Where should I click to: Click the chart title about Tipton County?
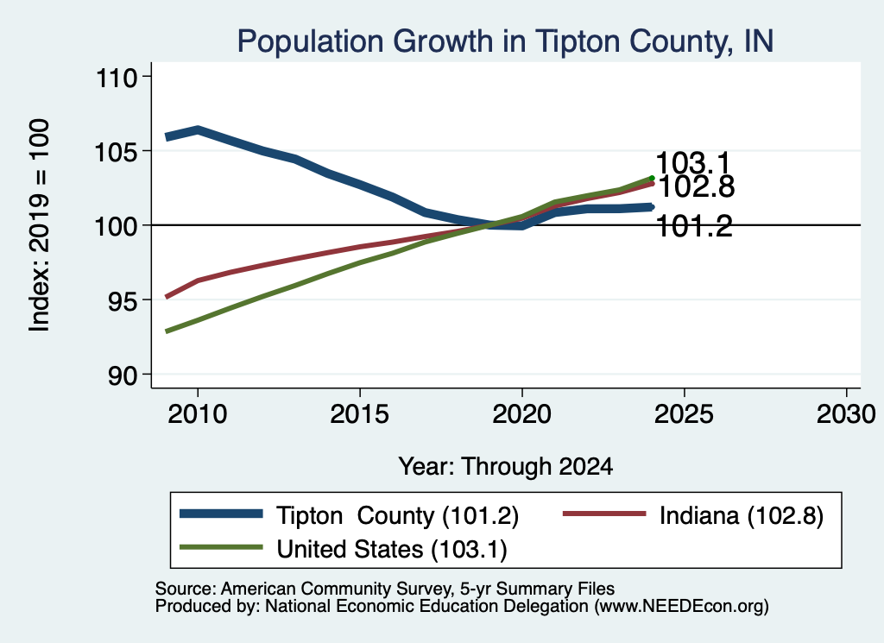[x=505, y=41]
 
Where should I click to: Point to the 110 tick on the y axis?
[x=117, y=78]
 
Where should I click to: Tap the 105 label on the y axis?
[x=117, y=152]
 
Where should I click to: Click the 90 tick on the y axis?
[x=123, y=375]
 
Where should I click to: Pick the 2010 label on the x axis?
[x=198, y=414]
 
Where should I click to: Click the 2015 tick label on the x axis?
[x=360, y=414]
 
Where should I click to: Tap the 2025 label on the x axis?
[x=684, y=414]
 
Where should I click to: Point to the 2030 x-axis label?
[x=846, y=414]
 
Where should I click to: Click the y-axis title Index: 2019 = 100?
[x=39, y=225]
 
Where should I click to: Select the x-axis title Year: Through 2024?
[x=506, y=467]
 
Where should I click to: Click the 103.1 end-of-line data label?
[x=693, y=163]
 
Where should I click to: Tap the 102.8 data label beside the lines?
[x=697, y=187]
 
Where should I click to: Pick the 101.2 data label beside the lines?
[x=695, y=226]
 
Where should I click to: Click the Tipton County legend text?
[x=397, y=515]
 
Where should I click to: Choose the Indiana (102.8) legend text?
[x=742, y=515]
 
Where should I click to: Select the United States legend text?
[x=392, y=550]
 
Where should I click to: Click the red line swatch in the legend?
[x=604, y=514]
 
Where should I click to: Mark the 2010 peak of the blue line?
[x=198, y=130]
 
